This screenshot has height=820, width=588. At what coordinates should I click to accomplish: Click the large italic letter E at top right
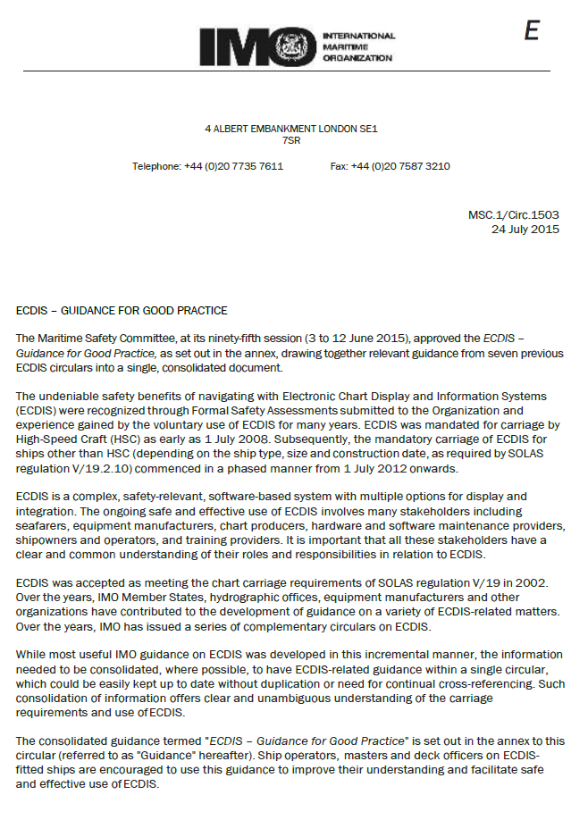point(532,31)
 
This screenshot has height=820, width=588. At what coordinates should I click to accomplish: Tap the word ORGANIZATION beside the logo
point(357,58)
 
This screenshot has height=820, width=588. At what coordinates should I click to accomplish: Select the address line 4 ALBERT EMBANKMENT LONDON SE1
point(291,129)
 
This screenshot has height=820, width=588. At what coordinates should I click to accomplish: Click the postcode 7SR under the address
point(291,140)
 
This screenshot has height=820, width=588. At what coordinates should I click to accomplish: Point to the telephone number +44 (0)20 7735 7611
point(233,166)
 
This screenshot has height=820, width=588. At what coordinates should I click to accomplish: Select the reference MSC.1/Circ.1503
point(514,215)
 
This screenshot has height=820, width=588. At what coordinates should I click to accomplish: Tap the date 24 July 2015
point(525,229)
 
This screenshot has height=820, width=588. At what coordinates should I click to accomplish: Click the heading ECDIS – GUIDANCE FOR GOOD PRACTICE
point(122,311)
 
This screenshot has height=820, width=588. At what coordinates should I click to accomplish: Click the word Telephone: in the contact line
point(156,166)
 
